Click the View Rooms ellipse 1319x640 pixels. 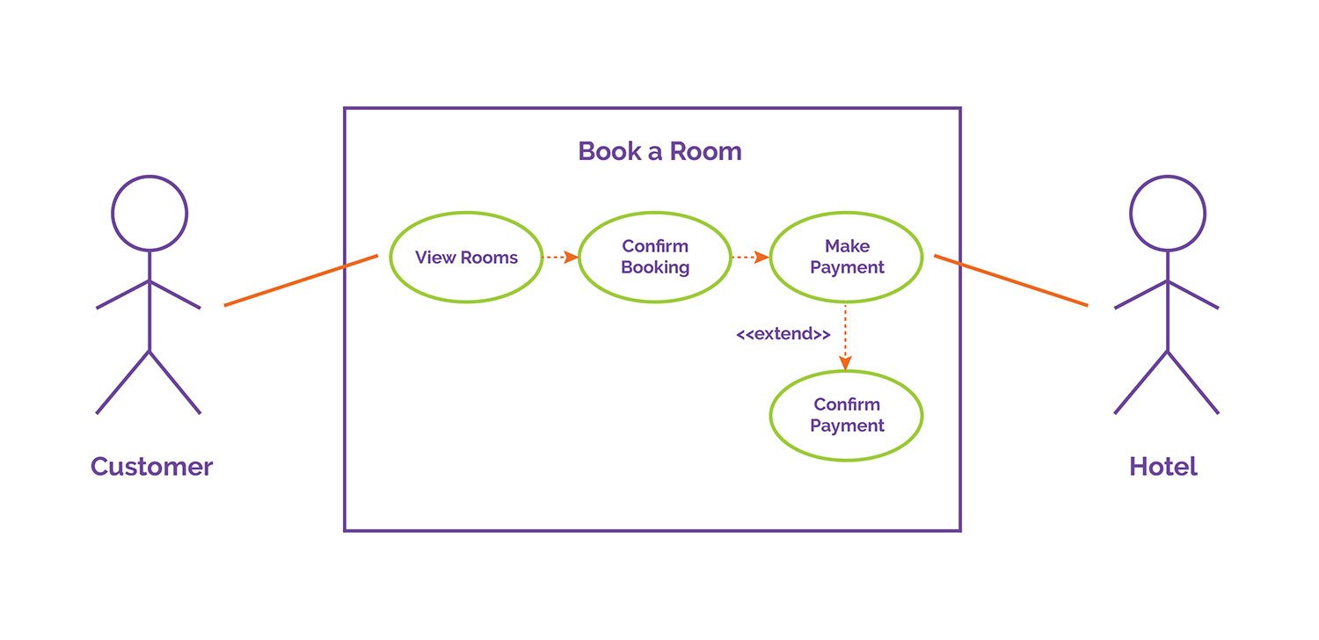[x=466, y=258]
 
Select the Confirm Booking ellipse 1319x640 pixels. [x=655, y=258]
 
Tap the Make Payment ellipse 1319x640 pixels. [x=846, y=258]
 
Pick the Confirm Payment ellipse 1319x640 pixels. [x=846, y=415]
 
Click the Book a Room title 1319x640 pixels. [x=659, y=151]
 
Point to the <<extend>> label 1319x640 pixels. [x=783, y=335]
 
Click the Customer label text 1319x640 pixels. [x=151, y=466]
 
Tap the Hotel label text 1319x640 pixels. [x=1162, y=466]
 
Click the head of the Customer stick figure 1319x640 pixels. [x=149, y=213]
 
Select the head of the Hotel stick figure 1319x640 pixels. [x=1168, y=213]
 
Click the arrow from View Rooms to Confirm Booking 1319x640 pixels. [x=560, y=258]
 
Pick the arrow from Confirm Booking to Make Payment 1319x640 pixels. [x=750, y=258]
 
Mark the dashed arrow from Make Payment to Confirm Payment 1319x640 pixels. [x=846, y=338]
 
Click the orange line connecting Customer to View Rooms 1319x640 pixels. [x=301, y=280]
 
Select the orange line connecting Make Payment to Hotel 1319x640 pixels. [x=1011, y=280]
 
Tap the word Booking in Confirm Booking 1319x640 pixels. [x=655, y=268]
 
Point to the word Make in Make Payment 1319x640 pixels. [x=846, y=247]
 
